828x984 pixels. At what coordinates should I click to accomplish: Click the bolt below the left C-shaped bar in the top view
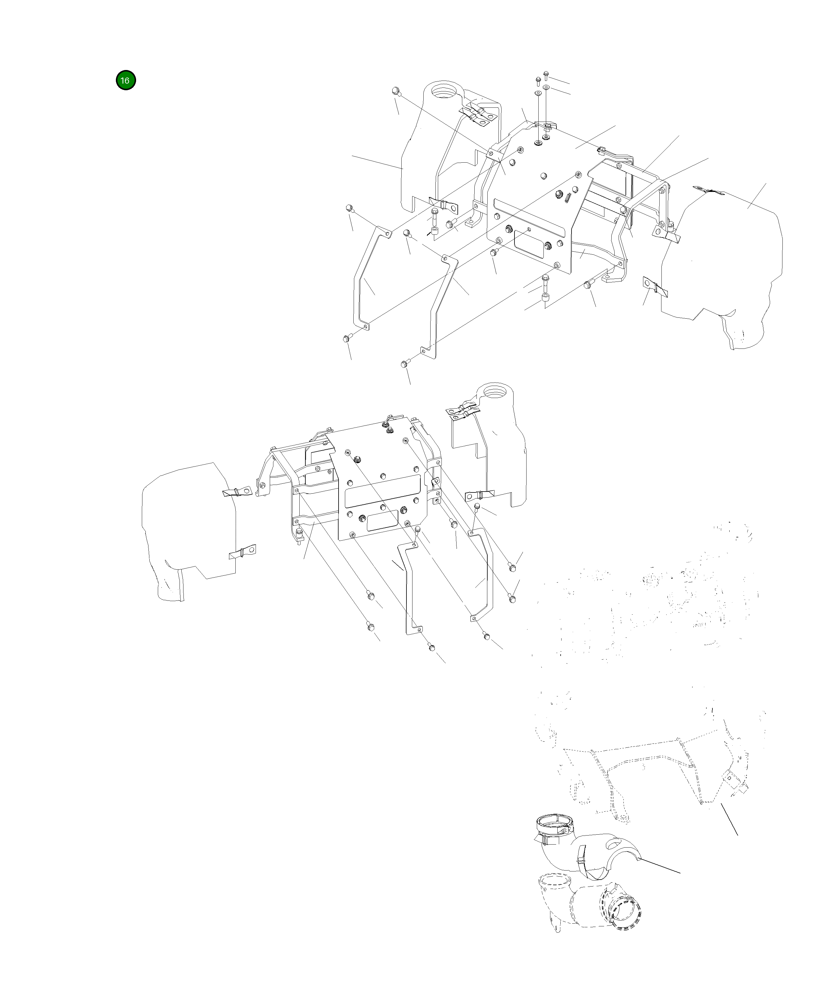347,337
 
